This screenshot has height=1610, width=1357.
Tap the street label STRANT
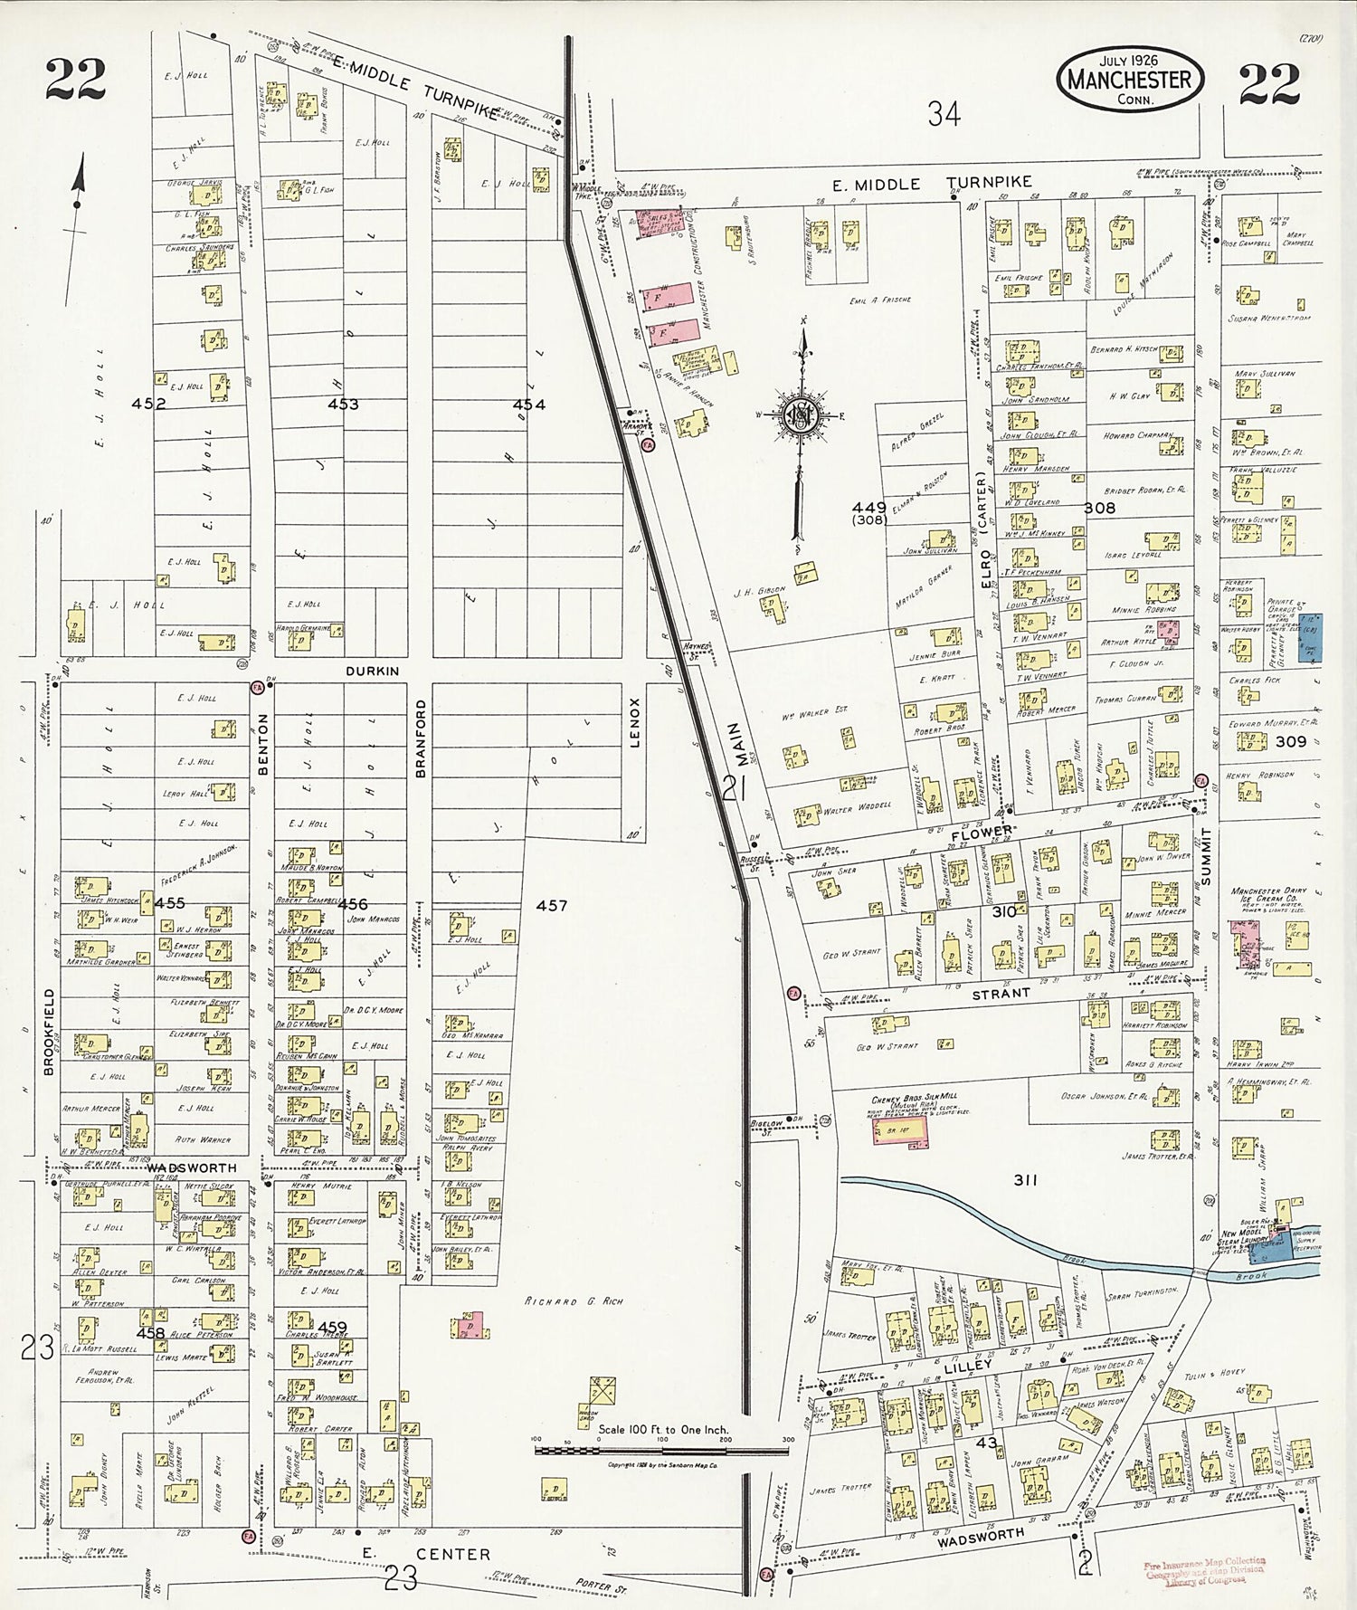pyautogui.click(x=1001, y=993)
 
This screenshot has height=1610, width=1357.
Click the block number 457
pyautogui.click(x=551, y=905)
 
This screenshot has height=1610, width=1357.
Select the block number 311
pyautogui.click(x=1024, y=1180)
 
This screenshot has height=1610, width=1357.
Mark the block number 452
pyautogui.click(x=148, y=404)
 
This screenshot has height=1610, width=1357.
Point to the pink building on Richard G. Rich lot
pyautogui.click(x=469, y=1327)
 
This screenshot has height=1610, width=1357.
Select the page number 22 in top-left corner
pyautogui.click(x=76, y=80)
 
